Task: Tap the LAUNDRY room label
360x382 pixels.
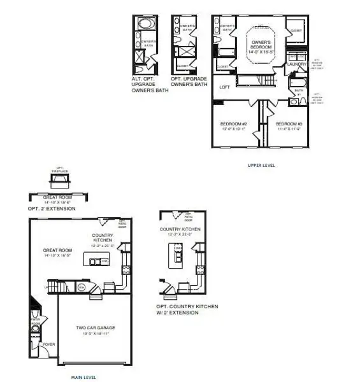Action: click(298, 64)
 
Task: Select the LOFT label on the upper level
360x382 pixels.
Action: click(224, 87)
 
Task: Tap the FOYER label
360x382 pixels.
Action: click(49, 344)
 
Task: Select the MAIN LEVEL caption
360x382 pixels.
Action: click(83, 377)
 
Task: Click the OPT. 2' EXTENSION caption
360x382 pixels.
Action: click(51, 208)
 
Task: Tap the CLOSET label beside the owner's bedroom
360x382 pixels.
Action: click(296, 30)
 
